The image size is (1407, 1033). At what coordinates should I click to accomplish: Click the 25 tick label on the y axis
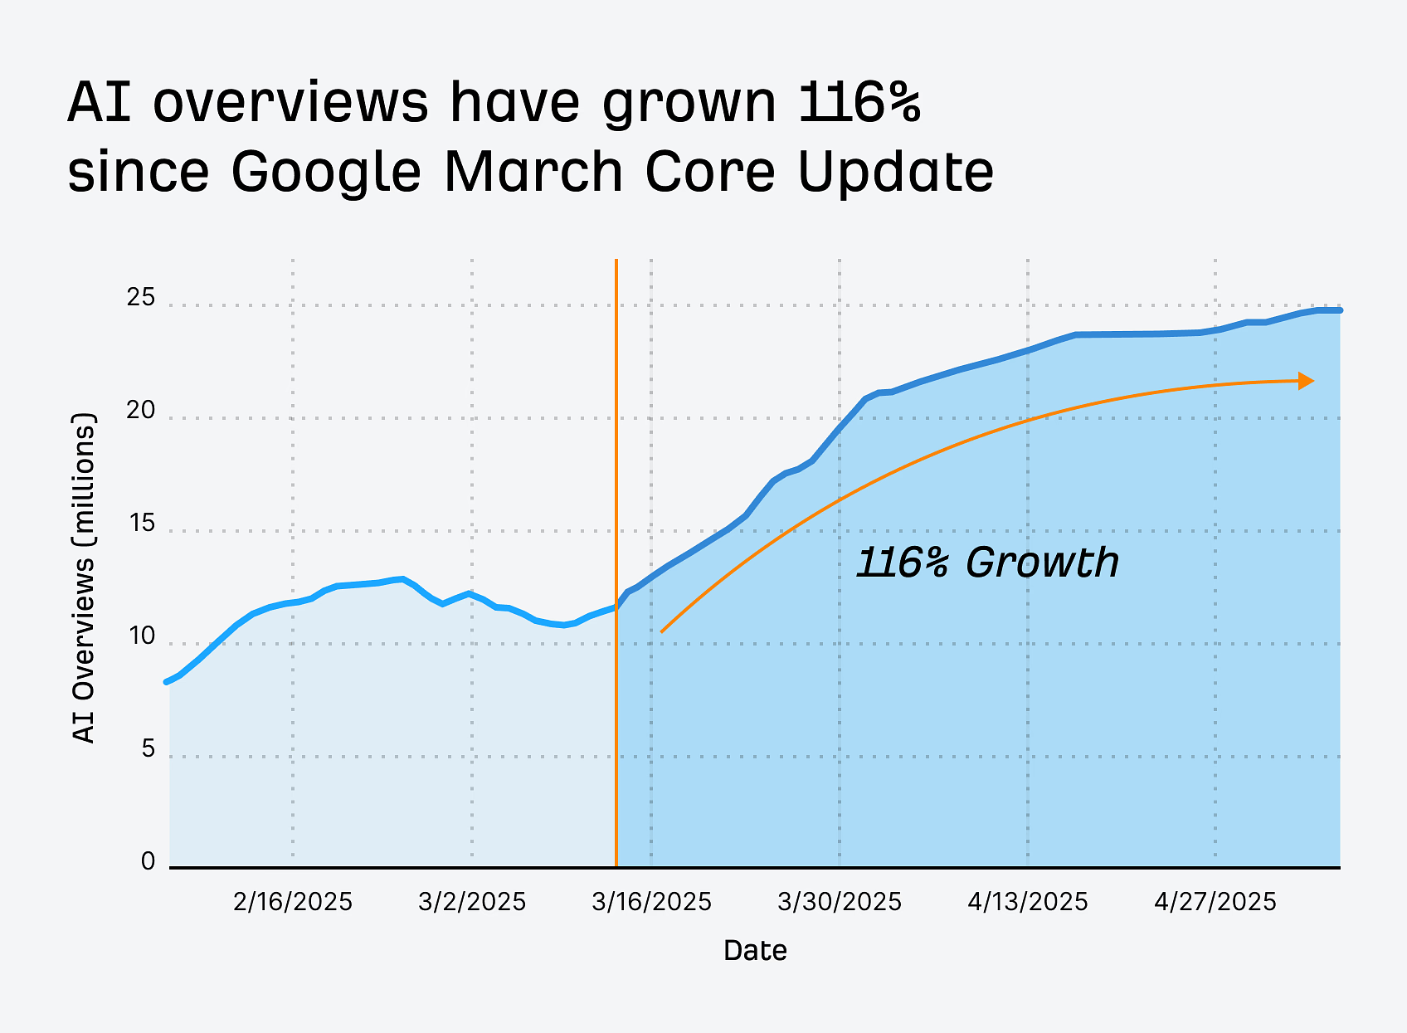pyautogui.click(x=141, y=298)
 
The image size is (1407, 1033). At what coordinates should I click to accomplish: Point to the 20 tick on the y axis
pyautogui.click(x=141, y=411)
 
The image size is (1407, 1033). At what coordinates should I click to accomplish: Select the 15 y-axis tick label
pyautogui.click(x=141, y=524)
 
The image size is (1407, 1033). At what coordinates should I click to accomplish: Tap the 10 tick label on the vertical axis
pyautogui.click(x=141, y=636)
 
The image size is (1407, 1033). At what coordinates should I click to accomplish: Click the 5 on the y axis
pyautogui.click(x=148, y=749)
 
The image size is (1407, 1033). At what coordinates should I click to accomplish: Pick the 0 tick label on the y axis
pyautogui.click(x=148, y=862)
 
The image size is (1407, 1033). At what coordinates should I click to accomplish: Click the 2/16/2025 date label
pyautogui.click(x=293, y=902)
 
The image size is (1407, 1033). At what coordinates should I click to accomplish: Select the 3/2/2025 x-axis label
pyautogui.click(x=472, y=902)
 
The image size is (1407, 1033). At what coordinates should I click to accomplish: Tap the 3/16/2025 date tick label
pyautogui.click(x=651, y=902)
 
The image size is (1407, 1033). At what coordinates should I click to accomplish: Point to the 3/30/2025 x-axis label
pyautogui.click(x=840, y=902)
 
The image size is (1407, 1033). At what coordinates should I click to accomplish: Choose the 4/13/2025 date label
pyautogui.click(x=1027, y=902)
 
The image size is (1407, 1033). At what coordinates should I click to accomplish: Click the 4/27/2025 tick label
pyautogui.click(x=1215, y=902)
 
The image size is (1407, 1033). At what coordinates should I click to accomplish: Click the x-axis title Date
pyautogui.click(x=755, y=951)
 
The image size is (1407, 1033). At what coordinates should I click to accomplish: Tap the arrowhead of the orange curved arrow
pyautogui.click(x=1307, y=381)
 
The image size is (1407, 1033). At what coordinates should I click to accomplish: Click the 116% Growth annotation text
pyautogui.click(x=987, y=563)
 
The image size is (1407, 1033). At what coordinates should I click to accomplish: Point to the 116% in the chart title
pyautogui.click(x=859, y=103)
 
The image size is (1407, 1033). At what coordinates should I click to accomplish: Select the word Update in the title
pyautogui.click(x=896, y=172)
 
